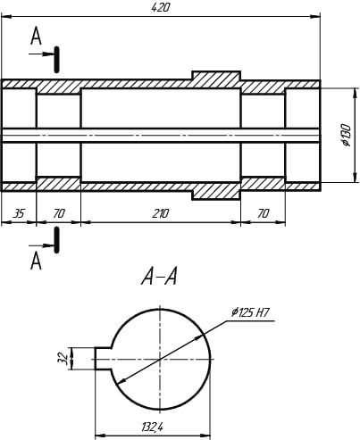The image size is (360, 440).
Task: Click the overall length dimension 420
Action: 160,8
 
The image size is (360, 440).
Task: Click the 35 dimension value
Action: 19,213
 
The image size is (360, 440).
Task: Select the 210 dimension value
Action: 160,213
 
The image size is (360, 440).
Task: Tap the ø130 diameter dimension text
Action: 346,135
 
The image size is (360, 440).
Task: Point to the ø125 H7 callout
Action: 250,312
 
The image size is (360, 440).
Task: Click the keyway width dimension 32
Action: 62,358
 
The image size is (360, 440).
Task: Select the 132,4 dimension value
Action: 152,428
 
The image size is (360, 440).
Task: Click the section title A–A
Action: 159,277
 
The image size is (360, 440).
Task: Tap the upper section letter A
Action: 36,36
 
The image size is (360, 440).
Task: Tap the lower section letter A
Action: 36,261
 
